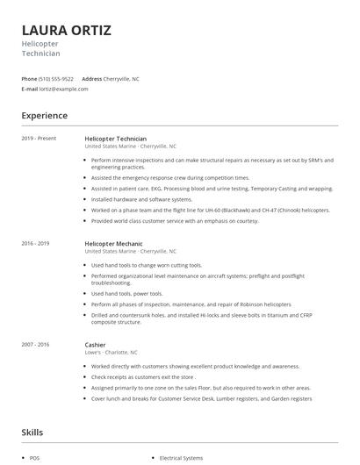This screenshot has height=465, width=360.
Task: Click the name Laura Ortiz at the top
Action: coord(66,31)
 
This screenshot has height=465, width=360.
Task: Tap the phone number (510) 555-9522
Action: coord(57,79)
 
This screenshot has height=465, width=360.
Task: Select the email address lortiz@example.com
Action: coord(60,89)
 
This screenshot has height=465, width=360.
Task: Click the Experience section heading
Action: coord(44,116)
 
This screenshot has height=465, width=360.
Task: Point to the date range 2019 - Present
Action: coord(38,139)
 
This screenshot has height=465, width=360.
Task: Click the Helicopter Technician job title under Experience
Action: coord(122,139)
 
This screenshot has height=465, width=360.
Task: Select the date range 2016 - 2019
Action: coord(36,243)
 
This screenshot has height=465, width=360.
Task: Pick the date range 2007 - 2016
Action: coord(36,344)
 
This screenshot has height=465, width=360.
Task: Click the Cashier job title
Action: coord(96,344)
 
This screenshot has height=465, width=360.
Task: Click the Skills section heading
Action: coord(33,432)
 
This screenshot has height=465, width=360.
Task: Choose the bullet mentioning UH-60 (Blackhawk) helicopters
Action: coord(210,211)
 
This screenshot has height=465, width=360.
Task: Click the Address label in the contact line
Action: coord(91,79)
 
